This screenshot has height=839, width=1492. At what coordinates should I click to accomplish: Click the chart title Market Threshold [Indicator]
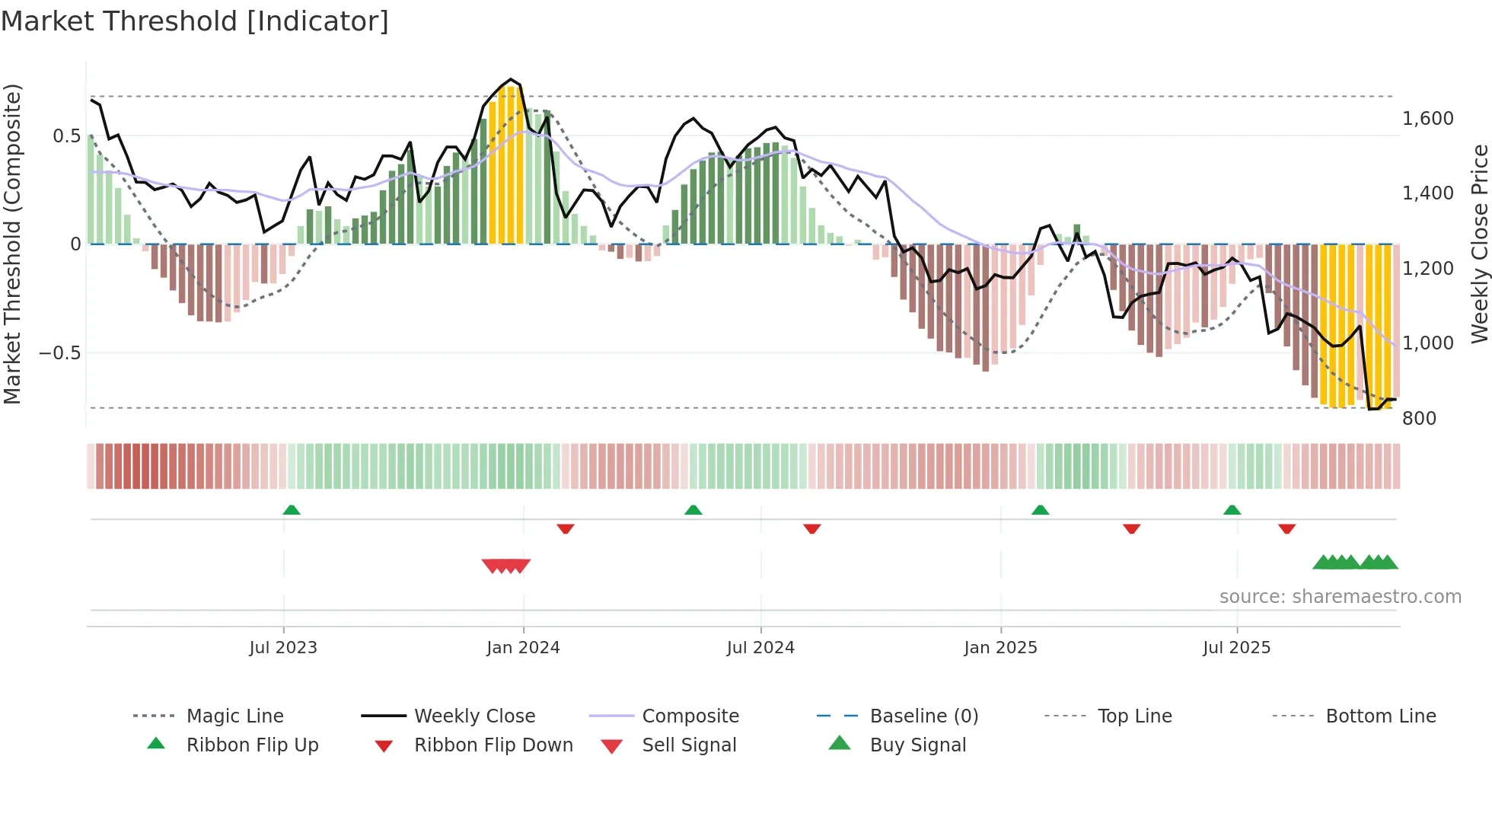pyautogui.click(x=195, y=21)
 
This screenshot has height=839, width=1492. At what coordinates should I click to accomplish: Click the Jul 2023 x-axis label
pyautogui.click(x=283, y=648)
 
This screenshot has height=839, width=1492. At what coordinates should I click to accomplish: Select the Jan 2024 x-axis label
pyautogui.click(x=523, y=648)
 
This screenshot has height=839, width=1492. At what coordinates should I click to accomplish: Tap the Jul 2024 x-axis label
pyautogui.click(x=760, y=648)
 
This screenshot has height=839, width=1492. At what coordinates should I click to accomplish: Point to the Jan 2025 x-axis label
pyautogui.click(x=1000, y=648)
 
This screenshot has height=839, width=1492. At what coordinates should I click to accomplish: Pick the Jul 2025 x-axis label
pyautogui.click(x=1237, y=648)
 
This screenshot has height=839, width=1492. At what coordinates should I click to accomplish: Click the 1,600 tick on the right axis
pyautogui.click(x=1428, y=119)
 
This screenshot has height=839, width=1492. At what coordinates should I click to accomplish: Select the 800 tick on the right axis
pyautogui.click(x=1420, y=419)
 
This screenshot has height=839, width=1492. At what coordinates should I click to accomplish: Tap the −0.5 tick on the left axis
pyautogui.click(x=59, y=353)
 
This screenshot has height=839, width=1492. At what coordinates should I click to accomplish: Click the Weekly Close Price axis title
pyautogui.click(x=1479, y=244)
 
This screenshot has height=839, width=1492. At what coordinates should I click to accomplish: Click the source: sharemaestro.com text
pyautogui.click(x=1340, y=597)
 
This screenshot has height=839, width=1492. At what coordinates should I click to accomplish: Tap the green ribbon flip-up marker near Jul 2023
pyautogui.click(x=292, y=510)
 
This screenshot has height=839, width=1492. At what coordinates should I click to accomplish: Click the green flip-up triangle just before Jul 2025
pyautogui.click(x=1232, y=510)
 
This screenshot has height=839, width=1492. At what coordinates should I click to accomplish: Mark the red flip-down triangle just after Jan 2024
pyautogui.click(x=565, y=528)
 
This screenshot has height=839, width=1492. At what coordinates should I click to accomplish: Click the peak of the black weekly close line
pyautogui.click(x=511, y=79)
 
